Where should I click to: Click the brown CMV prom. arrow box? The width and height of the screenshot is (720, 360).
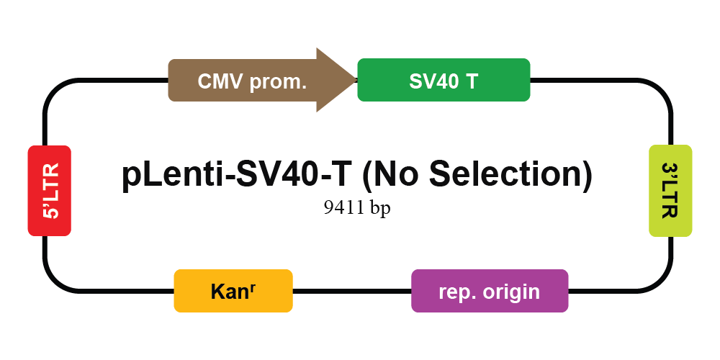point(262,81)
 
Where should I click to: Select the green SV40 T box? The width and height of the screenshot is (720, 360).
point(444,80)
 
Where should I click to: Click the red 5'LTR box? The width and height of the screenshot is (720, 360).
point(50,191)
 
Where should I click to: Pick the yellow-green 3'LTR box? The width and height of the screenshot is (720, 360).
point(670,191)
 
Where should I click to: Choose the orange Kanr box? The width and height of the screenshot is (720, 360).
point(233,291)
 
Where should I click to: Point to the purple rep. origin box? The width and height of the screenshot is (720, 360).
point(490,291)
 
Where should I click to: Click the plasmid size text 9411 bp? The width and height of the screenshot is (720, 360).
point(357,207)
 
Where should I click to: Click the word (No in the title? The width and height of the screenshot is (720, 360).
point(390,174)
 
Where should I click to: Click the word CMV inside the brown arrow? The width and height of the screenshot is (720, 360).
point(220,82)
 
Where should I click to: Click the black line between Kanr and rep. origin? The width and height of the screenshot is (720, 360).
point(352,291)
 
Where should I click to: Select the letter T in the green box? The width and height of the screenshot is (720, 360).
point(472,82)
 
